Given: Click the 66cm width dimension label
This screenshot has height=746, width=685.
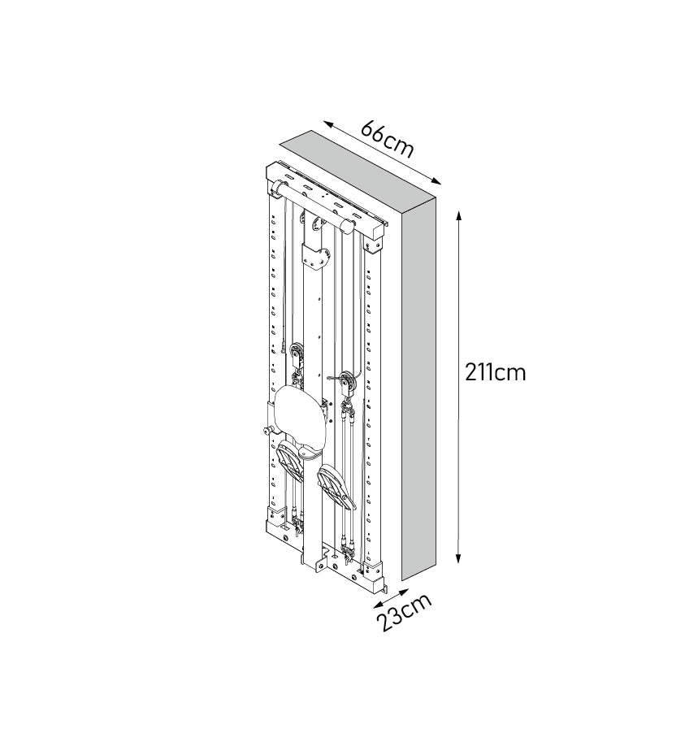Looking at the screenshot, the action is click(x=388, y=138).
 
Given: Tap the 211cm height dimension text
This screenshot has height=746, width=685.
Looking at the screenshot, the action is click(x=495, y=372).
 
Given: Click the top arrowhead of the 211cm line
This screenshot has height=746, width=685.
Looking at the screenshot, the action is click(x=458, y=215).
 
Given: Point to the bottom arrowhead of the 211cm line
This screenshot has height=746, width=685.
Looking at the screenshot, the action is click(x=458, y=558).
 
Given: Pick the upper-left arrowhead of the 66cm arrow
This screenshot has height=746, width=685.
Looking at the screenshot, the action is click(x=329, y=124).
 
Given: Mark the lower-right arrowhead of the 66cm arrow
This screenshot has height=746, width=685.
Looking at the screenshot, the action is click(x=436, y=180).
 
